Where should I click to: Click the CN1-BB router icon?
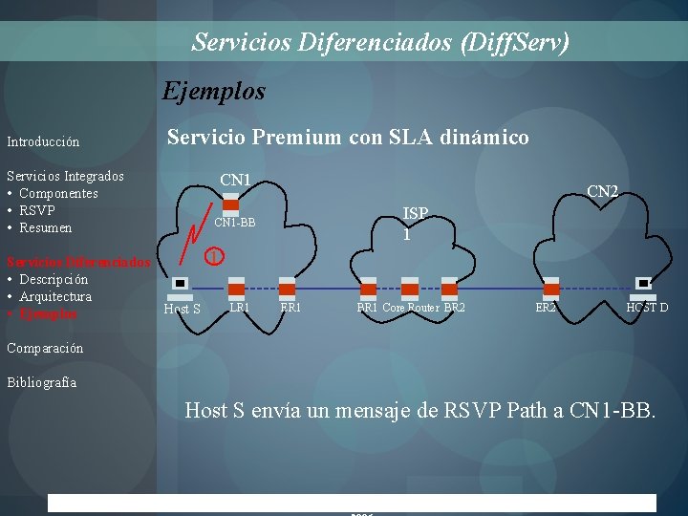pos(230,203)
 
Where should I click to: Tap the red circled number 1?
pos(217,255)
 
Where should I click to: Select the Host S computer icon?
pos(179,284)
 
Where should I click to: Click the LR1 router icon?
pos(236,288)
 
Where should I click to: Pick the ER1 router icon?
pos(287,288)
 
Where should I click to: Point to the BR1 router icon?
pos(368,288)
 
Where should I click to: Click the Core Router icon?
pos(410,288)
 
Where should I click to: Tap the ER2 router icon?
pos(550,288)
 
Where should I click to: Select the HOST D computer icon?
pos(644,284)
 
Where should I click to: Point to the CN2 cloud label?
pos(603,192)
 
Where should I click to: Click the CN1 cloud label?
pos(235,180)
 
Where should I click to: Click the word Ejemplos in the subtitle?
pos(214,92)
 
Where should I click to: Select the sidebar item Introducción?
pos(43,141)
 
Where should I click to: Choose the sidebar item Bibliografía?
pos(41,382)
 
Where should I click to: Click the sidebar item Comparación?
pos(45,348)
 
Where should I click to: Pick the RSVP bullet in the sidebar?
pos(37,210)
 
